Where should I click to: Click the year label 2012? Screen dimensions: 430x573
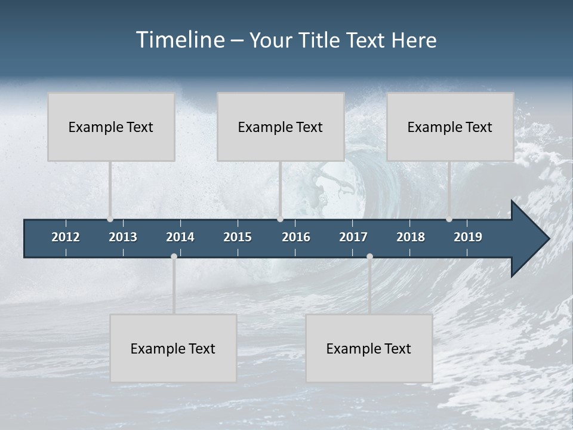click(66, 237)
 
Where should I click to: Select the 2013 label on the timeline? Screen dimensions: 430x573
click(123, 237)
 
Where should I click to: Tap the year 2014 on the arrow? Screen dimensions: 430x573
click(180, 237)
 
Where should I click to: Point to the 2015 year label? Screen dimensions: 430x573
click(238, 237)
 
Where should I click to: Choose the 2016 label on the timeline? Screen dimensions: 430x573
click(296, 237)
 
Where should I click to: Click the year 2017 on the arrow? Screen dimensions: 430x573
click(353, 237)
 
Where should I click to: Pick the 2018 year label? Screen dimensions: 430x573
click(411, 237)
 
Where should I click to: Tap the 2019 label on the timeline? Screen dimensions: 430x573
click(468, 237)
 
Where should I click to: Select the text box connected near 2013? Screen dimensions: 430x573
click(111, 127)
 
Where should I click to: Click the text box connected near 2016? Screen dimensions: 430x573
click(281, 127)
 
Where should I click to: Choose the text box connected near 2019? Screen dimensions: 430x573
click(450, 127)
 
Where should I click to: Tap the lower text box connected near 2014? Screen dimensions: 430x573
click(173, 348)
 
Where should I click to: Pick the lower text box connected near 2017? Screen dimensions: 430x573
click(369, 348)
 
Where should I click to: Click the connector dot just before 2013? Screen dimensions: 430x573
click(110, 219)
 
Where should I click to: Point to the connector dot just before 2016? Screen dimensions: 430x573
click(280, 219)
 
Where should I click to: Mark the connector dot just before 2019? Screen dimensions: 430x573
click(449, 219)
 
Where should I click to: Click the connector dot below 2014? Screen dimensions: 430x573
click(174, 256)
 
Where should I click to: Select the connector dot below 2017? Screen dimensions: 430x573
click(369, 256)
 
